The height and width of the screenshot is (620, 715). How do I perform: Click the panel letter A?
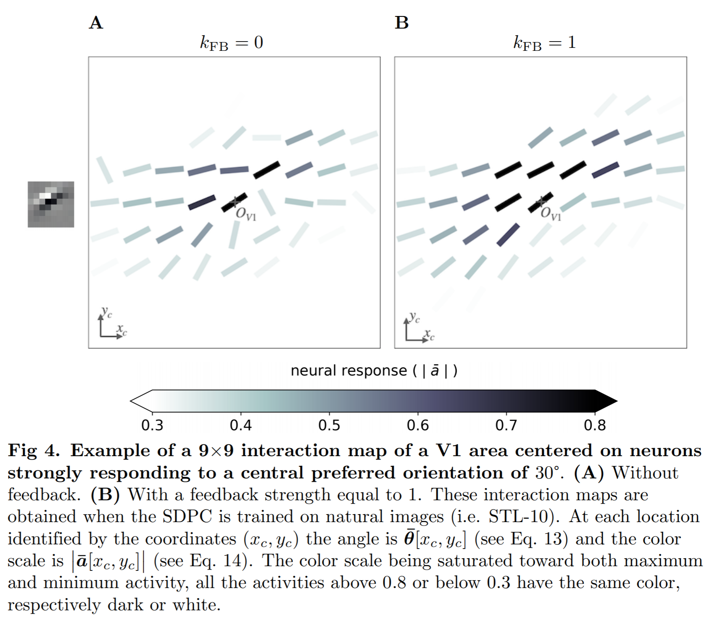coord(96,23)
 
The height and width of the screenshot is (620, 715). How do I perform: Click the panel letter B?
coord(401,23)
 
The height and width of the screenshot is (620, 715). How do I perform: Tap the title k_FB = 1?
coord(544,43)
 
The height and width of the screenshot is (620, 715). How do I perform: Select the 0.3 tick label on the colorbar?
coord(152,426)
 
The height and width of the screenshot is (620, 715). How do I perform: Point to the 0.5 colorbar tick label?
coord(329,426)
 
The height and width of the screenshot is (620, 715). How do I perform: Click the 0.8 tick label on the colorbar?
coord(595,426)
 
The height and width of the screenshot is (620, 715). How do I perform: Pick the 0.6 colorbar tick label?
coord(418,426)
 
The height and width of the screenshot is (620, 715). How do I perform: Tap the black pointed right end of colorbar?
coord(606,401)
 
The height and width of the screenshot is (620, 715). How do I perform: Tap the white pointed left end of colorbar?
coord(140,401)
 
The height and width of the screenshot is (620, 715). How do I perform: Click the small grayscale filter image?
coord(51,205)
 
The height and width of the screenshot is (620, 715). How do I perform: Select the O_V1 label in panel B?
coord(551,214)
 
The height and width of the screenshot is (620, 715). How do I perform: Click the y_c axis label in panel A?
coord(107,313)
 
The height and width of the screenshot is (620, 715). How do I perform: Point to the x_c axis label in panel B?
coord(429,335)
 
